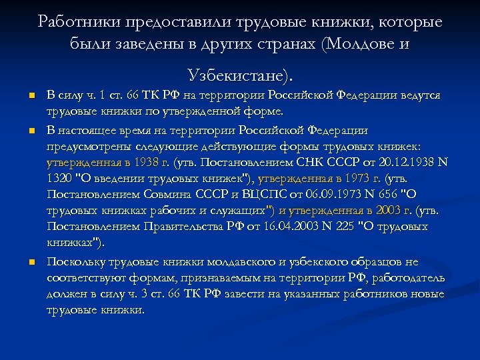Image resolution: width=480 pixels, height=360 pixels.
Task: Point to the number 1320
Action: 62,178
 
